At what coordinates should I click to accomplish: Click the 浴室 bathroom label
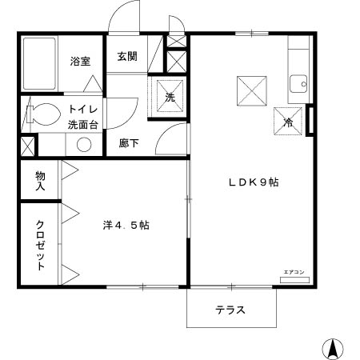(79, 62)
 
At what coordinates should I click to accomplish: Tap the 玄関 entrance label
(127, 56)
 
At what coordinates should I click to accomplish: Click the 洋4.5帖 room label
(126, 226)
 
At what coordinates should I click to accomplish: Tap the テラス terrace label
(230, 310)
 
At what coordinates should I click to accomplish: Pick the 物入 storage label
(39, 179)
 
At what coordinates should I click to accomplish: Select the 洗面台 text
(82, 125)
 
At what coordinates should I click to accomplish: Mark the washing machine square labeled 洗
(170, 95)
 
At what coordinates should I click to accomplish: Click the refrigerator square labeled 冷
(289, 120)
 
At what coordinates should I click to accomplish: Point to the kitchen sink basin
(300, 82)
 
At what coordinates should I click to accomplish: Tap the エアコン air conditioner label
(294, 274)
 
